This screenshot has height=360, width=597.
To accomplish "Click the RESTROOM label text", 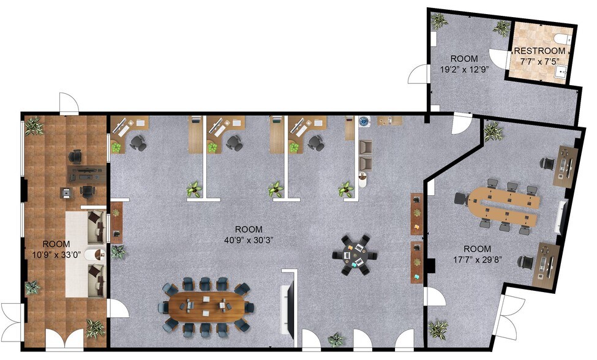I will pyautogui.click(x=539, y=51).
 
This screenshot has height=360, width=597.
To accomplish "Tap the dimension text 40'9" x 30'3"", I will pyautogui.click(x=247, y=240).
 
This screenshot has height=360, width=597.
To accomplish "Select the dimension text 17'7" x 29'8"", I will pyautogui.click(x=477, y=259).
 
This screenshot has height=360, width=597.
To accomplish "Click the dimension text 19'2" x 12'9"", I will pyautogui.click(x=464, y=69).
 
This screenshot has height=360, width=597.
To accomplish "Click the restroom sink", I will pyautogui.click(x=563, y=72).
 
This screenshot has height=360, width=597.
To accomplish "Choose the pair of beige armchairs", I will pyautogui.click(x=365, y=155).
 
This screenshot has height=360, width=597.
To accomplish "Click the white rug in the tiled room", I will pyautogui.click(x=86, y=254).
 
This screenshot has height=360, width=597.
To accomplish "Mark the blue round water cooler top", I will pyautogui.click(x=364, y=121).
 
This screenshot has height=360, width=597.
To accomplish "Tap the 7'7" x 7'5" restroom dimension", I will pyautogui.click(x=539, y=61).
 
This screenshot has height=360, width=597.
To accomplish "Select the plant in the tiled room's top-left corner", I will pyautogui.click(x=34, y=126).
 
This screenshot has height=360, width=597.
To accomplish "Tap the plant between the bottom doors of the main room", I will pyautogui.click(x=336, y=339).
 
